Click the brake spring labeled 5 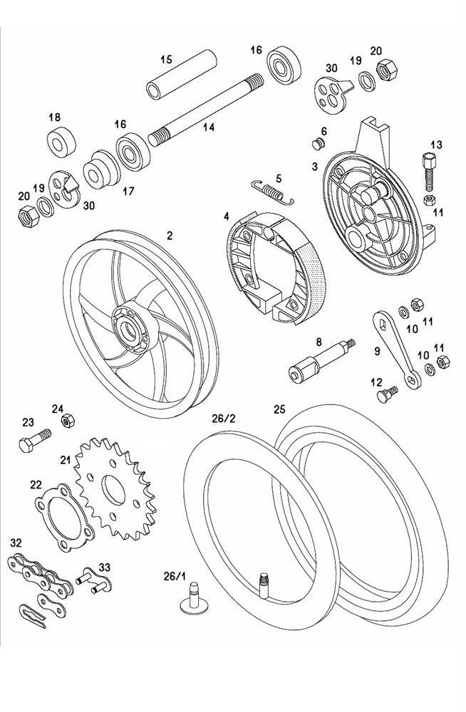pyautogui.click(x=271, y=189)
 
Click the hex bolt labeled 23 pyautogui.click(x=32, y=437)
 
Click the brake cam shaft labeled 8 pyautogui.click(x=319, y=362)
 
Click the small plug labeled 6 pyautogui.click(x=318, y=145)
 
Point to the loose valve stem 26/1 pyautogui.click(x=194, y=599)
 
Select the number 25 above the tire pyautogui.click(x=279, y=409)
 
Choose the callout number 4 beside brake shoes pyautogui.click(x=226, y=216)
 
